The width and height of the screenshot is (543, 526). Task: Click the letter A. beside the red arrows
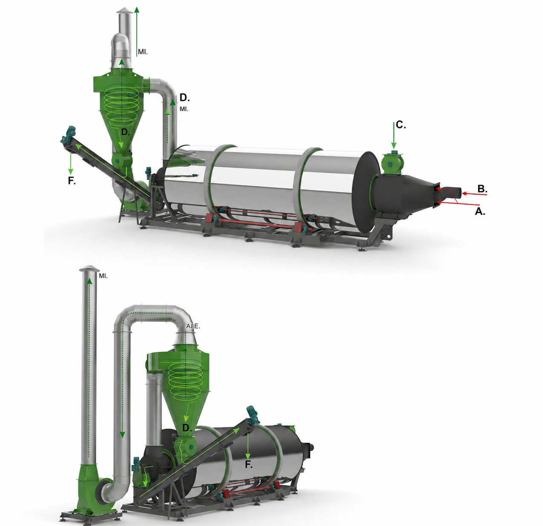click(480, 212)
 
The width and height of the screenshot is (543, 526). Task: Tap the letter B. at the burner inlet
click(482, 189)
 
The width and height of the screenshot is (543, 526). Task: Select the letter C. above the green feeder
click(401, 125)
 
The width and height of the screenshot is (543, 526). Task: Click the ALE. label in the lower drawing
click(193, 326)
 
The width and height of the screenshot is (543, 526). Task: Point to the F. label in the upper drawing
click(72, 181)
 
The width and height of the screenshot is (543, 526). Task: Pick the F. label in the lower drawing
click(249, 464)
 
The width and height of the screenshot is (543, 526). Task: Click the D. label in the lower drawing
click(187, 428)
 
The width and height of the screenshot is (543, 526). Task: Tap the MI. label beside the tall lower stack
click(103, 276)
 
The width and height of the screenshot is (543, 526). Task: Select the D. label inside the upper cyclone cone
click(126, 133)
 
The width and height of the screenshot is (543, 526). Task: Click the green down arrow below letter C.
click(394, 136)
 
